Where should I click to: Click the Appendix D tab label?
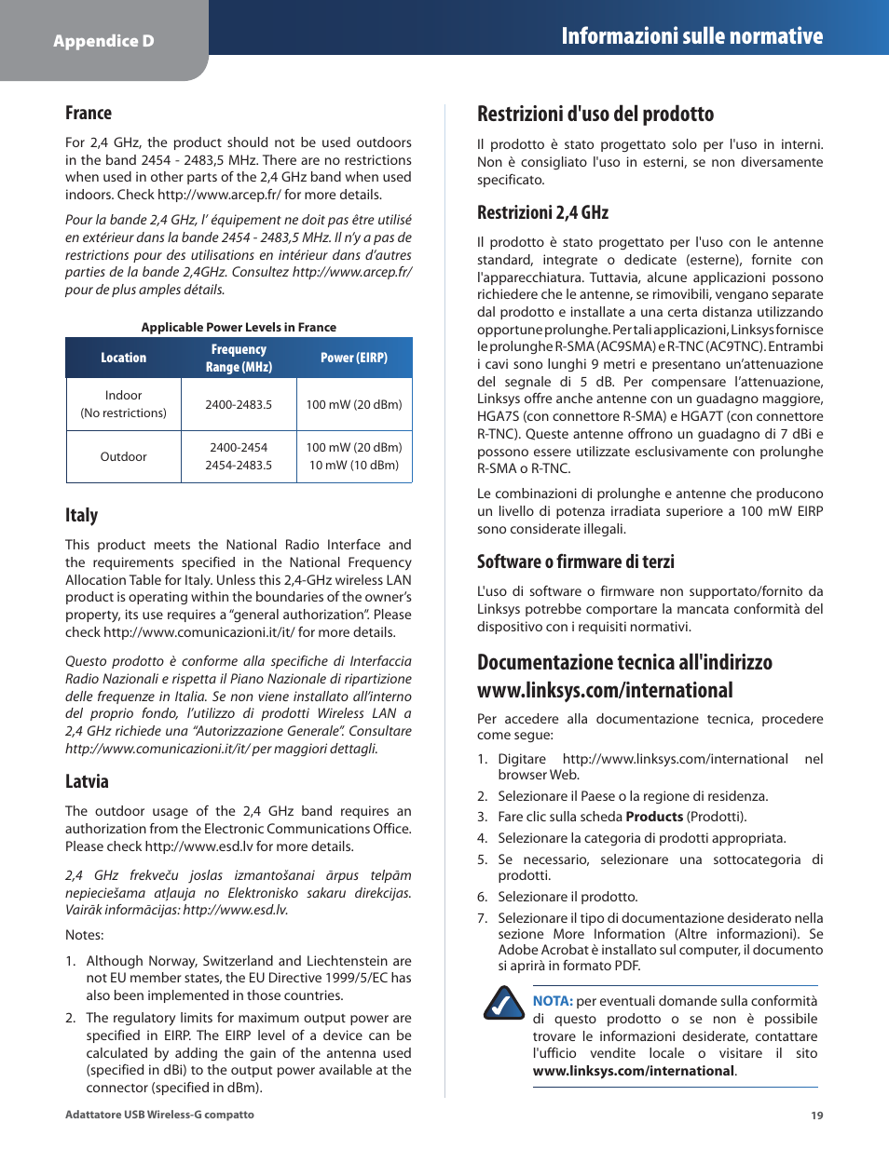point(103,41)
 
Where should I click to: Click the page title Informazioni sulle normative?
point(691,36)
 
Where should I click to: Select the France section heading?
point(89,113)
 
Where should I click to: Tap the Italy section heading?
point(81,515)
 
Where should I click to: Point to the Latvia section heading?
point(87,781)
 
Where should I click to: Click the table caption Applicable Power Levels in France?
point(239,327)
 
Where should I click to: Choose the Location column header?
point(123,358)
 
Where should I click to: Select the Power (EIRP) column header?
point(354,358)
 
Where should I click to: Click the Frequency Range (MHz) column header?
point(239,358)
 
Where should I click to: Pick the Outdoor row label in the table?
point(123,456)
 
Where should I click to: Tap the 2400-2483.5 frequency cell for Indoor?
point(239,404)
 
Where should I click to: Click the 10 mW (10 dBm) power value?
point(354,465)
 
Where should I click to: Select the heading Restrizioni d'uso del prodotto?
point(595,114)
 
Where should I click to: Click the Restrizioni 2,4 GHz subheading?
point(542,212)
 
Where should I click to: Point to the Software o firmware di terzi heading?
point(575,561)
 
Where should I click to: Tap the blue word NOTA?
point(553,1001)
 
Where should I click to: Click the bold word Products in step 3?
point(654,817)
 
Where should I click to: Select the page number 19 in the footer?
point(816,1115)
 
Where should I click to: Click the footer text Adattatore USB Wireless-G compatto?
point(159,1115)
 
